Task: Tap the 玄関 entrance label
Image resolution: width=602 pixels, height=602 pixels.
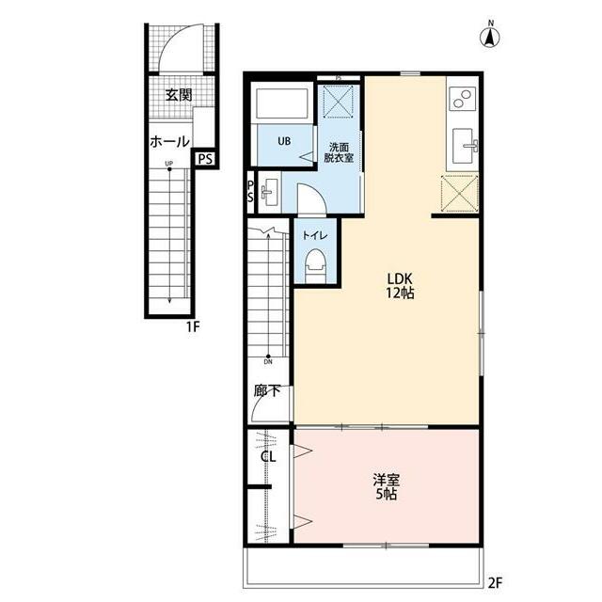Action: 179,95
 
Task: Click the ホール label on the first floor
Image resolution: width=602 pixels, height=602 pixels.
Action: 169,142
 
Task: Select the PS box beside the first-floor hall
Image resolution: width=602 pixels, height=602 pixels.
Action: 205,159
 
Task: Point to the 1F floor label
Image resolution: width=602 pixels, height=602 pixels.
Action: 193,327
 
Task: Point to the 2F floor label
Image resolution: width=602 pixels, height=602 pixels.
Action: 496,583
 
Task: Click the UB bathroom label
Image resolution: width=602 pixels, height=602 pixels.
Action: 284,141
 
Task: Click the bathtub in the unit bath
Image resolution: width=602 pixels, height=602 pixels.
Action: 282,103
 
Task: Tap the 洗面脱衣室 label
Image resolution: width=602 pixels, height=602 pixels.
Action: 339,152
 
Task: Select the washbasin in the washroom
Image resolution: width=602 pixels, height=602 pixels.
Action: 269,192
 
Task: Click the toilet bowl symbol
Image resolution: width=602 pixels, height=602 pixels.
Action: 315,265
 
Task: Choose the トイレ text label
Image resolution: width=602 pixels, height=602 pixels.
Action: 315,235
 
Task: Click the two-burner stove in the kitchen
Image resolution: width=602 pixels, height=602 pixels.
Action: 462,98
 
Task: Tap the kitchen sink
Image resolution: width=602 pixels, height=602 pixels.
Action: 465,146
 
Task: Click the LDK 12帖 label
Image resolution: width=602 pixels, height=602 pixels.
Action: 400,285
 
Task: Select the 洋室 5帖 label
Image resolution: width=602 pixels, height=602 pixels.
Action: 387,487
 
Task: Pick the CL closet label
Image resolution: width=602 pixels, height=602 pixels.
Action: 268,457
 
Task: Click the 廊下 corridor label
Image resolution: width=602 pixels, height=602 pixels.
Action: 267,391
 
